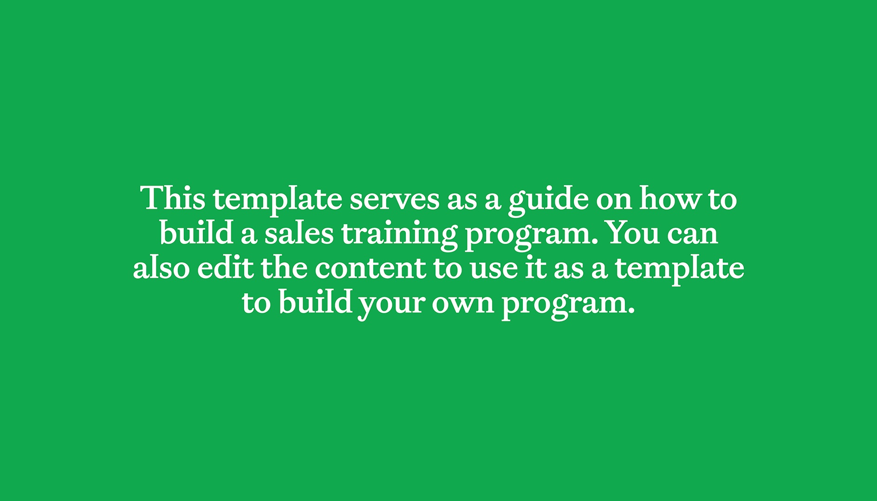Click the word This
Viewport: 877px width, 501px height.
(173, 199)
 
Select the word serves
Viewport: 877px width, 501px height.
(394, 199)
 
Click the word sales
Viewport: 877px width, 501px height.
(299, 233)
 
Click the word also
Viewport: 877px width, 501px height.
(161, 268)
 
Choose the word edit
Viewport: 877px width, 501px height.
(225, 268)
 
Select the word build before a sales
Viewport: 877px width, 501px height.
(196, 233)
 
